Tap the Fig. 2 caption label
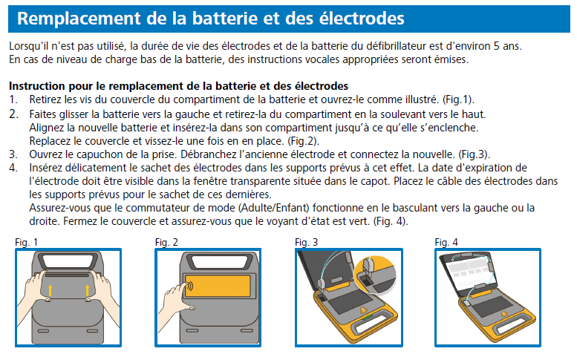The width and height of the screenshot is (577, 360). tap(166, 242)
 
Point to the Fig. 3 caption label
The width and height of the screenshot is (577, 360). tap(306, 242)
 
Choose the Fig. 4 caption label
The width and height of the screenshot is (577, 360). tap(446, 242)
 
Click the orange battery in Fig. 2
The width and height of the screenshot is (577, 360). tap(216, 288)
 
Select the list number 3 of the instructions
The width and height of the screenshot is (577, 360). tap(13, 154)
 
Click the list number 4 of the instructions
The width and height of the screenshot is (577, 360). tap(13, 167)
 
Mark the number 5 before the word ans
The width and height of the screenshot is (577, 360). tap(508, 46)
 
